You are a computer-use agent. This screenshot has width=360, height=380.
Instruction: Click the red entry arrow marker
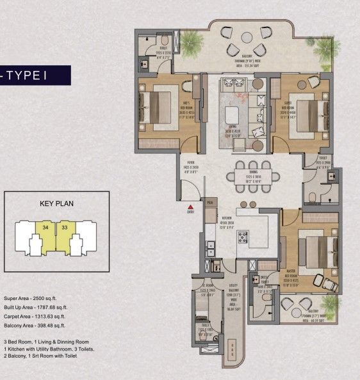click(x=190, y=207)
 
